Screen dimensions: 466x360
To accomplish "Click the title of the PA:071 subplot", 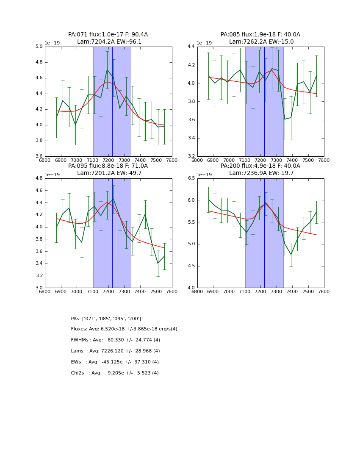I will [x=108, y=38].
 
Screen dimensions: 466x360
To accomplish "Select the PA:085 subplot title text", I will [x=260, y=38].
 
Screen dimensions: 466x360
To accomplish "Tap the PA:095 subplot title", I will [x=108, y=169].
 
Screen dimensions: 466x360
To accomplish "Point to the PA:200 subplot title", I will [x=260, y=169].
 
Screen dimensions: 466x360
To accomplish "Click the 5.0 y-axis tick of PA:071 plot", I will [x=39, y=46].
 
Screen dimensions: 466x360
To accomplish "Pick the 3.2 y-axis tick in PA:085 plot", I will [x=191, y=156].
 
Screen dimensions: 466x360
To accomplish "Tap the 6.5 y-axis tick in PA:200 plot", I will [x=191, y=178].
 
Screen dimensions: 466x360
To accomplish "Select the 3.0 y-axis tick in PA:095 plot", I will [x=39, y=288].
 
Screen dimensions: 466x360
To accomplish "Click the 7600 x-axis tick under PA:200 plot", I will [x=324, y=291].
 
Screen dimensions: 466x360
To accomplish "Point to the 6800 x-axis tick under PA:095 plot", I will [x=45, y=291].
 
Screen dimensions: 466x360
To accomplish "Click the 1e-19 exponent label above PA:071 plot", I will [x=52, y=43].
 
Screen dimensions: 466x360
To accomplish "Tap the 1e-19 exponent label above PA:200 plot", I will [x=205, y=175].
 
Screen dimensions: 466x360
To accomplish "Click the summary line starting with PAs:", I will [x=106, y=319].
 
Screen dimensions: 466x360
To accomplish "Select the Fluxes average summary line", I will [x=124, y=329].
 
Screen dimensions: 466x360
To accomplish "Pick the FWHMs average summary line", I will [x=116, y=340].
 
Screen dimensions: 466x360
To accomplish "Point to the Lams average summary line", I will [x=116, y=351].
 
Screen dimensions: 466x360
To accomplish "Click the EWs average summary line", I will [x=115, y=362].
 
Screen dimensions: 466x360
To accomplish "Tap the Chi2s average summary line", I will [x=115, y=373].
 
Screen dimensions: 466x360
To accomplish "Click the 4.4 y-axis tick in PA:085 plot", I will [x=191, y=46].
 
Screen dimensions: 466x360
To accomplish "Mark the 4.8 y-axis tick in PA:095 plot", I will [x=39, y=178].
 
